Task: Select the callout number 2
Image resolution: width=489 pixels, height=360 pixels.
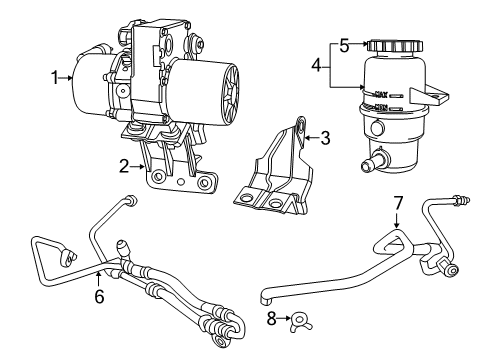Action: click(x=125, y=166)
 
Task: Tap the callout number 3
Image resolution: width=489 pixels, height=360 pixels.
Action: click(x=324, y=138)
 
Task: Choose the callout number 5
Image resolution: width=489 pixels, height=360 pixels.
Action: click(x=343, y=44)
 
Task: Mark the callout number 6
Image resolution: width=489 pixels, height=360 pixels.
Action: click(x=99, y=296)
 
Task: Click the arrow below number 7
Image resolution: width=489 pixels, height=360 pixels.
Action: click(x=397, y=220)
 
